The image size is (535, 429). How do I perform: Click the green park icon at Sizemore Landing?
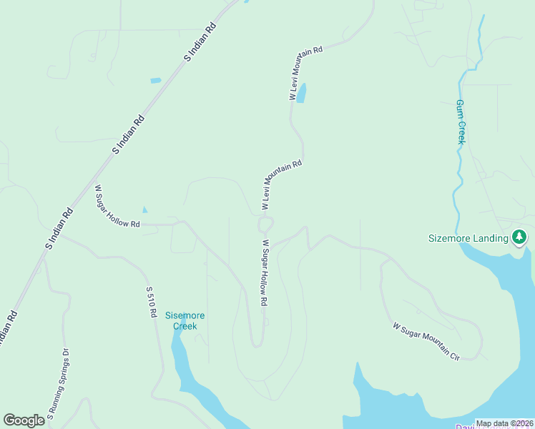pyautogui.click(x=520, y=237)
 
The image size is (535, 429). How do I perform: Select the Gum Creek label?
pyautogui.click(x=461, y=122)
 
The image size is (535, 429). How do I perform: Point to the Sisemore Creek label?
pyautogui.click(x=185, y=320)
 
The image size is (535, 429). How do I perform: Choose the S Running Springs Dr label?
pyautogui.click(x=58, y=383)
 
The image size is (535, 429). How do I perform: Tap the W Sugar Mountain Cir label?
pyautogui.click(x=426, y=340)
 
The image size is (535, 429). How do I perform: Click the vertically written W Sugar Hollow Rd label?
pyautogui.click(x=264, y=272)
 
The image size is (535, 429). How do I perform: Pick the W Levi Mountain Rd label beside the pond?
pyautogui.click(x=306, y=72)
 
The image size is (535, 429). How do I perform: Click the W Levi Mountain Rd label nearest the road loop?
pyautogui.click(x=281, y=184)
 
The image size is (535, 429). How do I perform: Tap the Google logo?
pyautogui.click(x=24, y=420)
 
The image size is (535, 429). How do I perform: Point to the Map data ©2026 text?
pyautogui.click(x=504, y=423)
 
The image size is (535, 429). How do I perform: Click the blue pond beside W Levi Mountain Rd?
pyautogui.click(x=301, y=94)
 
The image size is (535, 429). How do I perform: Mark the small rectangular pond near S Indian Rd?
pyautogui.click(x=156, y=80)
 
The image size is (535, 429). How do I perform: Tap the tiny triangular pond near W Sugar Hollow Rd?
pyautogui.click(x=144, y=209)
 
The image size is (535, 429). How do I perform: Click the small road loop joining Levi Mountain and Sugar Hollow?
pyautogui.click(x=265, y=225)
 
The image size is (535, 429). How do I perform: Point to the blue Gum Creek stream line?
pyautogui.click(x=455, y=193)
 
